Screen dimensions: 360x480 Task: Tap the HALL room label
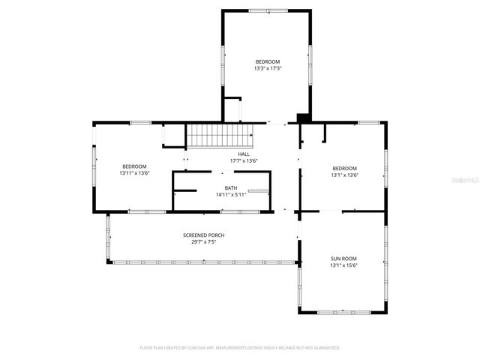coord(244,154)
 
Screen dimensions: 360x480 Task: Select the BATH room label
coord(230,187)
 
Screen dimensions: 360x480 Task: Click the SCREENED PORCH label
coord(203,235)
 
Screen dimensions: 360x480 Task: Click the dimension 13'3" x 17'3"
coord(267,68)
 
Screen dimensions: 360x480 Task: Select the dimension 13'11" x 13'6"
coord(134,173)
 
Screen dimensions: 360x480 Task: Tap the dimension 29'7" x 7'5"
coord(203,242)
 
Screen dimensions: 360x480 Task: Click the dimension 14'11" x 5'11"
coord(230,194)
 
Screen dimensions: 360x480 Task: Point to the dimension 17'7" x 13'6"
coord(244,160)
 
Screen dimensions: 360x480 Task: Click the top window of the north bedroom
coord(267,10)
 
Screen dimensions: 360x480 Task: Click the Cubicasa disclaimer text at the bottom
coord(240,348)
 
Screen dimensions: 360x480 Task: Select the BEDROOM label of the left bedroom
coord(134,166)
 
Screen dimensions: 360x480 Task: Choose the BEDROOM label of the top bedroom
coord(267,61)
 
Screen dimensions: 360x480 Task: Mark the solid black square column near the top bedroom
coord(303,118)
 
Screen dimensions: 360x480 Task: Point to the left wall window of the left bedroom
coord(94,164)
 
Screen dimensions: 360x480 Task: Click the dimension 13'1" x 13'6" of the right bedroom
coord(345,175)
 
